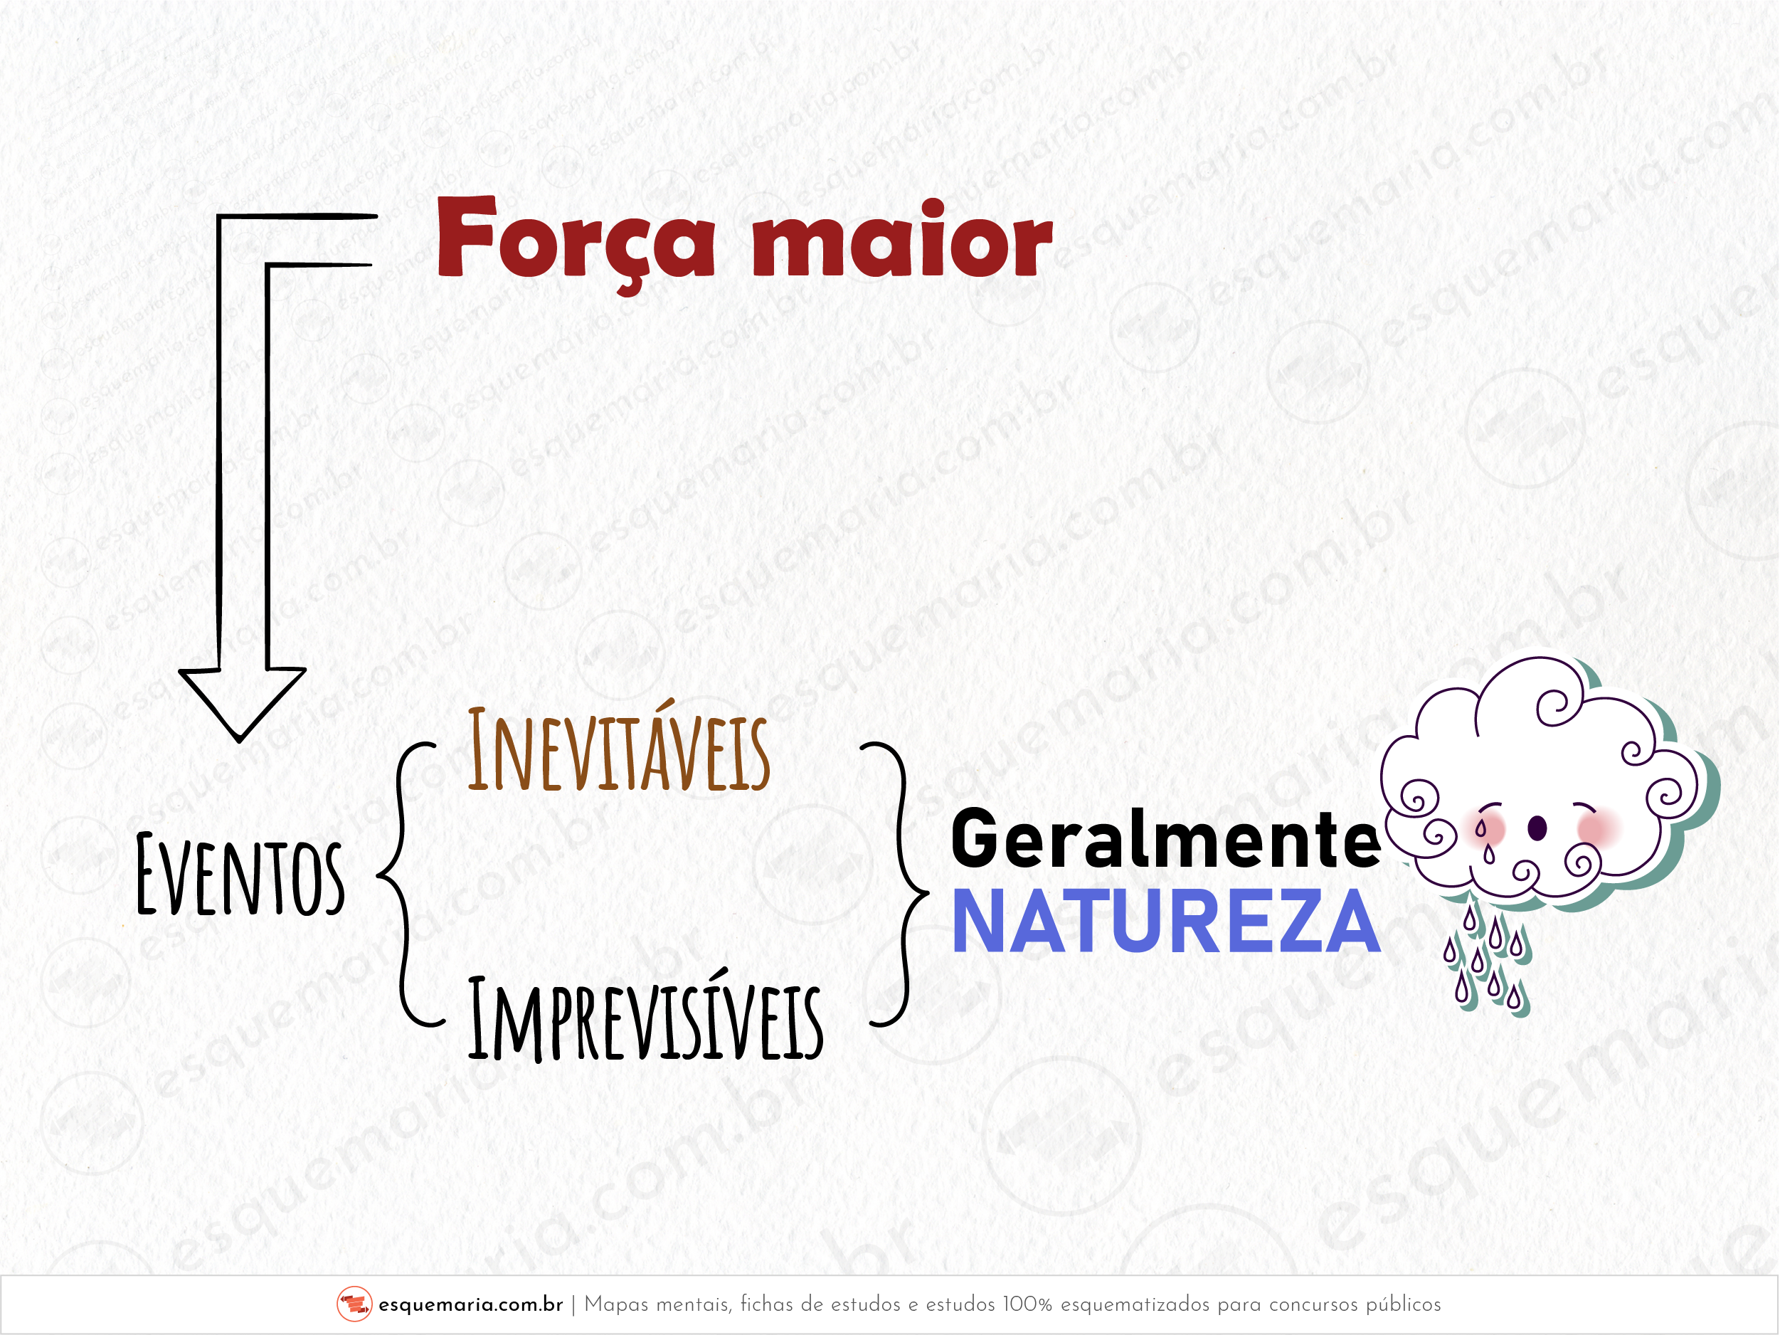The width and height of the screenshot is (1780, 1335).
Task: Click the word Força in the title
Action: click(x=576, y=241)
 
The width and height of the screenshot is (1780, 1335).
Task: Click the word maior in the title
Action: click(x=903, y=238)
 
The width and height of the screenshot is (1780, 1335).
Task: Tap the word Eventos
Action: click(x=240, y=875)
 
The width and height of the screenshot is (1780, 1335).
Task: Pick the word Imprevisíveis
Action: click(x=646, y=1015)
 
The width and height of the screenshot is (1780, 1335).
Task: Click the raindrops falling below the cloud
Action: click(x=1487, y=958)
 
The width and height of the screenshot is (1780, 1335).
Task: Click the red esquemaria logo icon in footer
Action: click(x=354, y=1304)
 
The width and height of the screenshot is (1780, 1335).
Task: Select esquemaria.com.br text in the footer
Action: click(x=471, y=1304)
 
